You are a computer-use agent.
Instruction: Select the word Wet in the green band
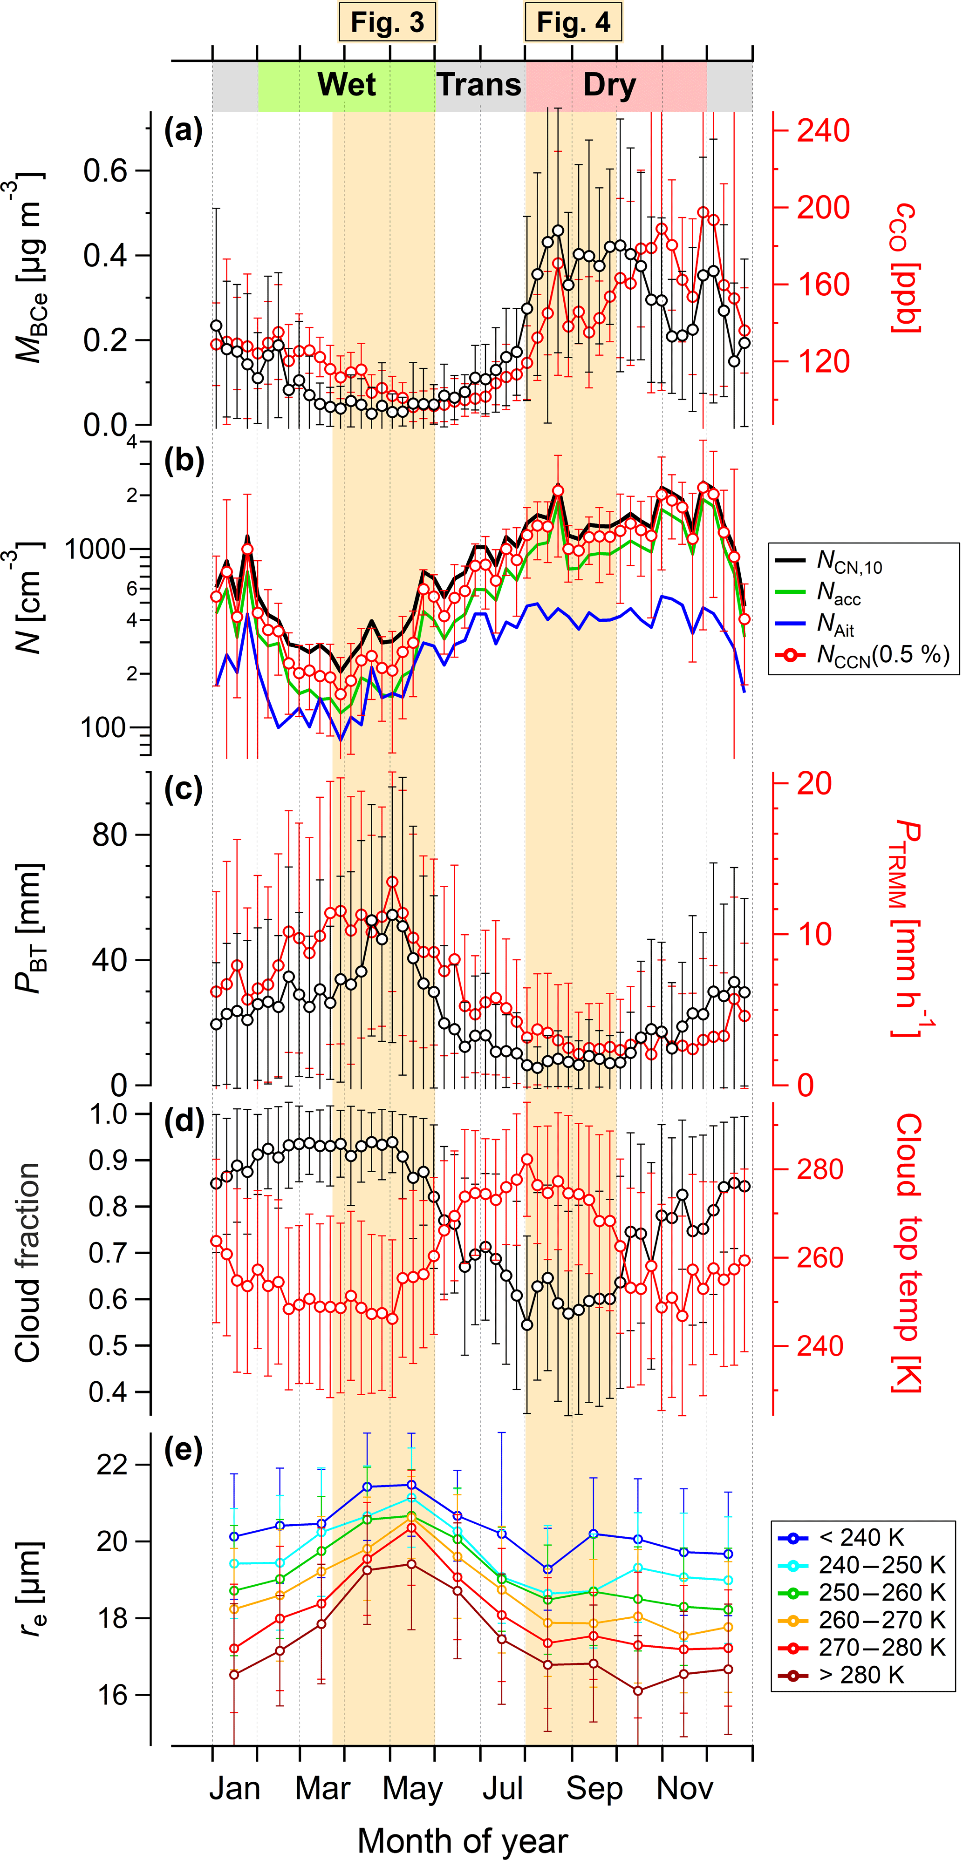click(x=347, y=84)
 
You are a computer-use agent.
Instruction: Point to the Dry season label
click(x=610, y=84)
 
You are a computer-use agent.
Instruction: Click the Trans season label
click(x=479, y=84)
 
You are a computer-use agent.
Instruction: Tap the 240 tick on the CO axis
click(x=823, y=131)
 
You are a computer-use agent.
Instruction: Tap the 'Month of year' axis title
click(x=462, y=1840)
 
